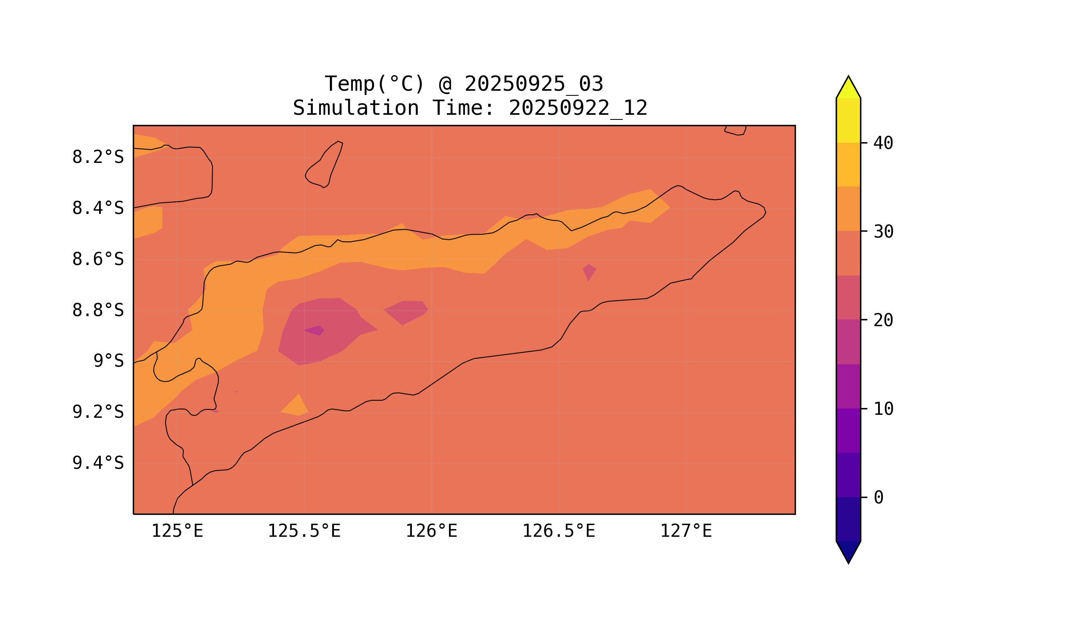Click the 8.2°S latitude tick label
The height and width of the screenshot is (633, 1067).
click(x=97, y=157)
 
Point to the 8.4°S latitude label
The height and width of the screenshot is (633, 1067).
click(x=97, y=208)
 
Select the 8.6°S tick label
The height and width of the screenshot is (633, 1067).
click(x=97, y=260)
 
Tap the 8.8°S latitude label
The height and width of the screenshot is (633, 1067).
click(x=97, y=311)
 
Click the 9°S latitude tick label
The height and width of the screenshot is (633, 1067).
click(x=108, y=361)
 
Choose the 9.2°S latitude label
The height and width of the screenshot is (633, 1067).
click(x=97, y=412)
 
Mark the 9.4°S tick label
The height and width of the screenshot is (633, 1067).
click(x=97, y=463)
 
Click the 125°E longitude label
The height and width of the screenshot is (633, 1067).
click(x=177, y=531)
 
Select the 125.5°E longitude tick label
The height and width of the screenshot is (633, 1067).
click(x=304, y=531)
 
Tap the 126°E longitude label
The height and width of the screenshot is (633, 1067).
click(x=431, y=531)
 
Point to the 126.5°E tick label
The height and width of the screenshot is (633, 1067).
click(x=559, y=531)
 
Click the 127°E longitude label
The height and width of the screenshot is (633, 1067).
click(x=685, y=531)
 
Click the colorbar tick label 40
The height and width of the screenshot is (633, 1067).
click(x=883, y=143)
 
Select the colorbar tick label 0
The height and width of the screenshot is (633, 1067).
click(x=878, y=498)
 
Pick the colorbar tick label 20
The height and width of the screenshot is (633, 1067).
click(x=883, y=320)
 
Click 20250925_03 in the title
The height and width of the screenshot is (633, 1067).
click(x=534, y=84)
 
